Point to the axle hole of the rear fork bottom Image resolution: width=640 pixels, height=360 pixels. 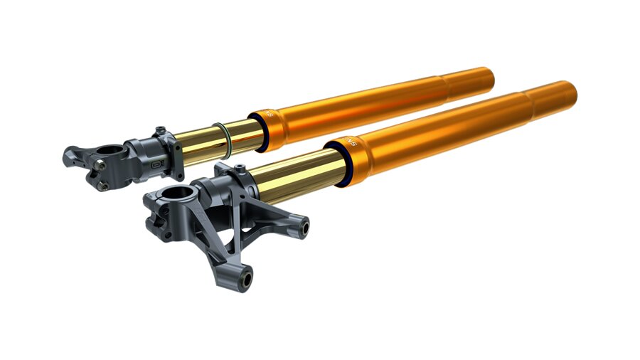112,151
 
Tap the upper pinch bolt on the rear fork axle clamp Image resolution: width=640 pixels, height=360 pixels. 100,165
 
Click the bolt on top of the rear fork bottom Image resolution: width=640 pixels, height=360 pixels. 161,130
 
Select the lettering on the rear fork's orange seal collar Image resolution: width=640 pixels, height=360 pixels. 270,112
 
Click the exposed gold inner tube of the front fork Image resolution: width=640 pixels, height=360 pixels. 292,179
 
